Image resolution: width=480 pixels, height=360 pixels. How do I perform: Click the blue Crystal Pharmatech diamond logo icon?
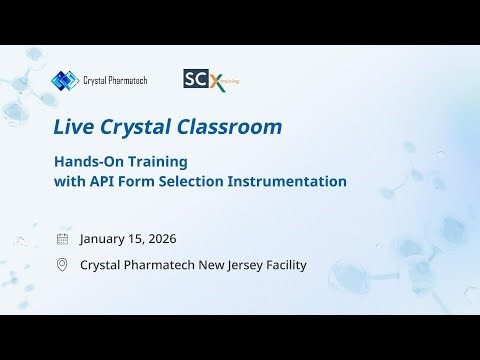point(64,80)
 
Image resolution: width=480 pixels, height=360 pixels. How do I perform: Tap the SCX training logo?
point(210,79)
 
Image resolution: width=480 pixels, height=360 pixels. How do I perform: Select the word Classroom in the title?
point(238,127)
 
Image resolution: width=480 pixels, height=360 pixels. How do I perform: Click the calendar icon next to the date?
point(63,239)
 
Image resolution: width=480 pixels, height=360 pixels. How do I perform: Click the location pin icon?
point(63,265)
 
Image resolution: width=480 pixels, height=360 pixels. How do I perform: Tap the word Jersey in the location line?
point(238,265)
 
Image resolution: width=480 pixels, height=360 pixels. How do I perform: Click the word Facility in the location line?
point(284,265)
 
